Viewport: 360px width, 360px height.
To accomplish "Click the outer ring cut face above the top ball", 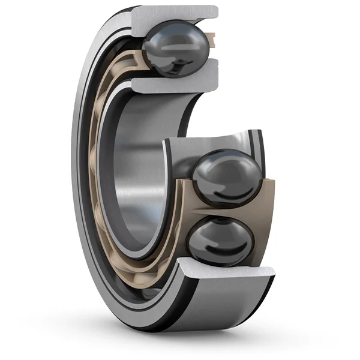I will pyautogui.click(x=174, y=13).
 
